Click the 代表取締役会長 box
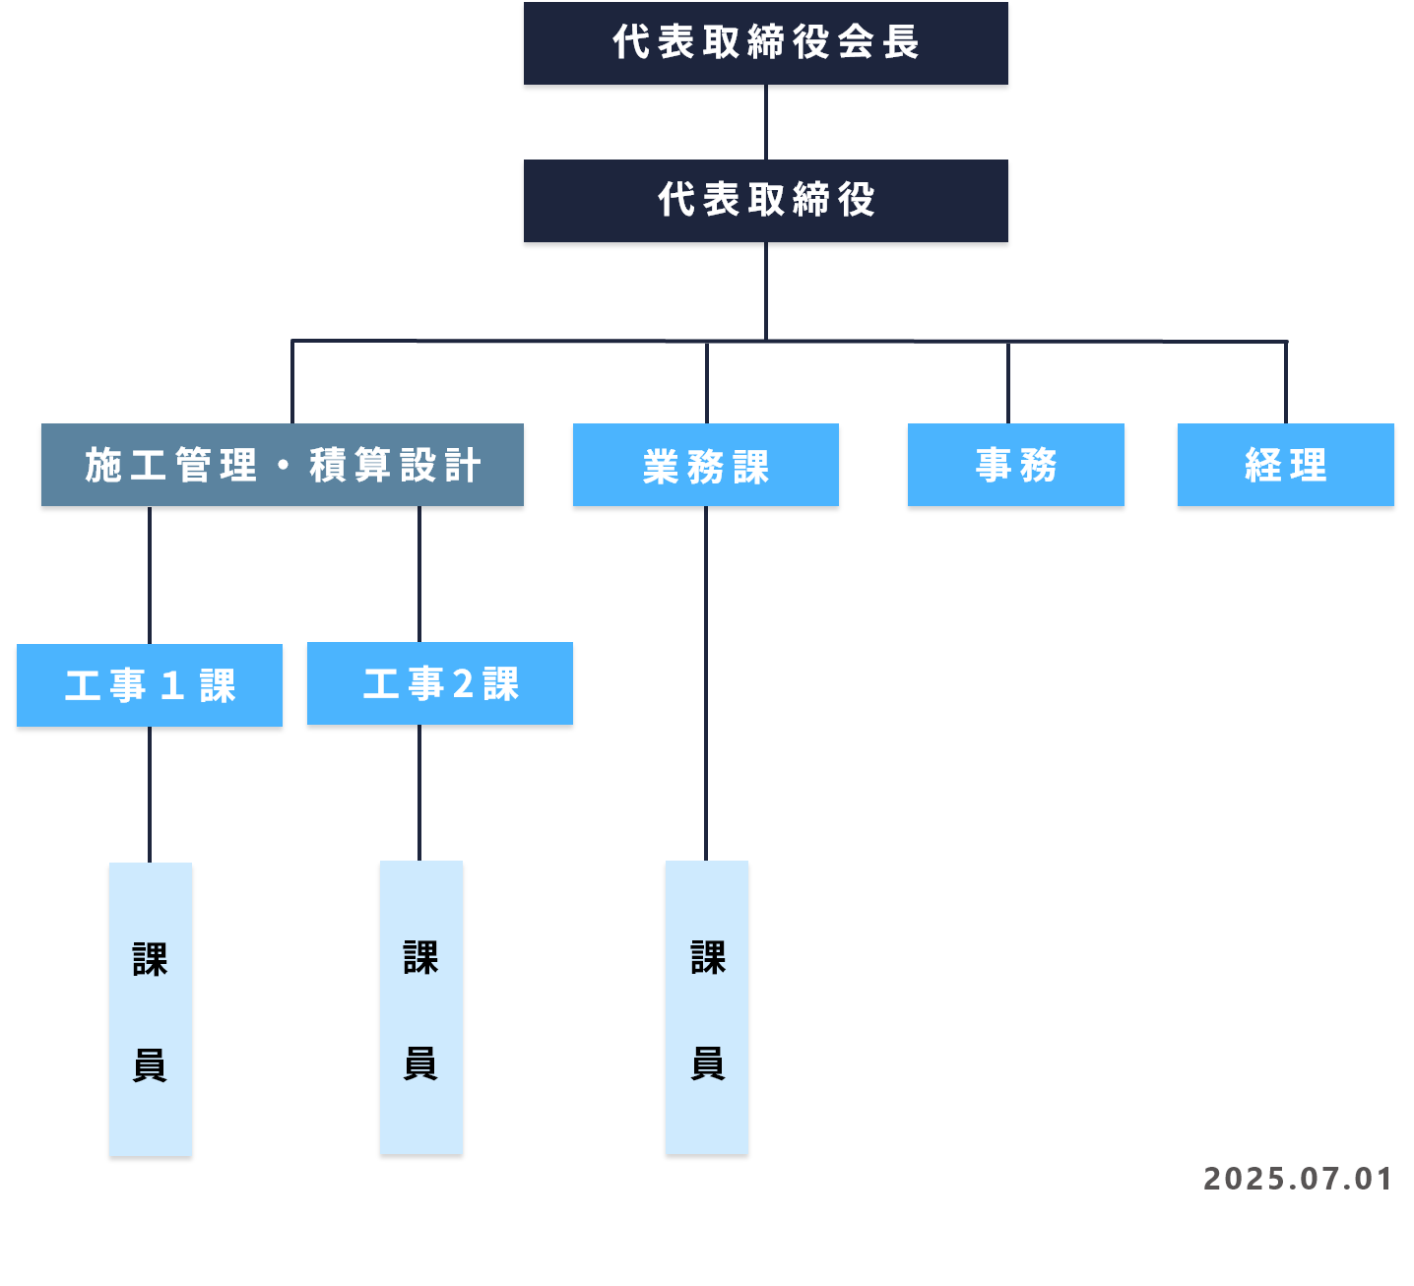pos(765,43)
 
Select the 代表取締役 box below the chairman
pos(765,201)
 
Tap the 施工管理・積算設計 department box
pos(282,465)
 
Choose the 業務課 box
pos(705,465)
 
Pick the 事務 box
pos(1015,465)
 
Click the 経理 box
pos(1285,465)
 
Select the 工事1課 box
pos(150,685)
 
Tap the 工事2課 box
pos(439,683)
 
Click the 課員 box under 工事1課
pos(151,1008)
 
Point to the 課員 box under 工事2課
pos(421,1006)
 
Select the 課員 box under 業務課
pos(707,1006)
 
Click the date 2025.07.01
pos(1297,1179)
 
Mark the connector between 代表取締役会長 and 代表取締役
pos(766,122)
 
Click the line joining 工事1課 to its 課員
pos(150,794)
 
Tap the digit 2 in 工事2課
pos(463,683)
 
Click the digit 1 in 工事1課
pos(172,685)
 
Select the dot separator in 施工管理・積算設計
pos(284,465)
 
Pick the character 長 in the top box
pos(900,42)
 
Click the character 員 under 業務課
pos(708,1062)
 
